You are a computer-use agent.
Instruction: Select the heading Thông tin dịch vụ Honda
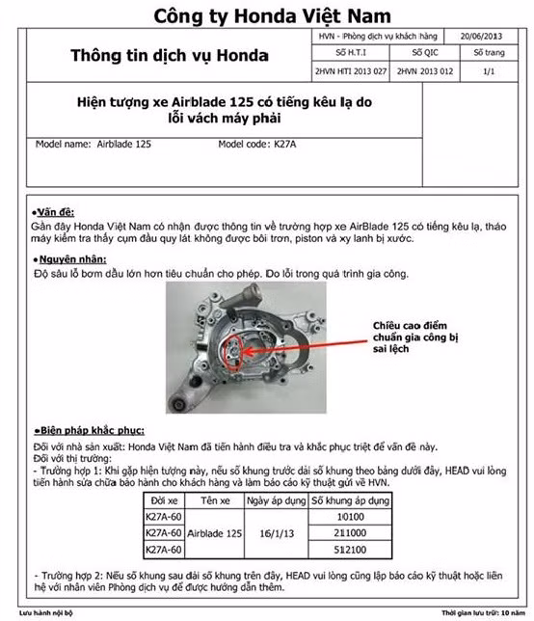[x=170, y=56]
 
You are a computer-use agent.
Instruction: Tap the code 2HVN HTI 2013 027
[x=351, y=72]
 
